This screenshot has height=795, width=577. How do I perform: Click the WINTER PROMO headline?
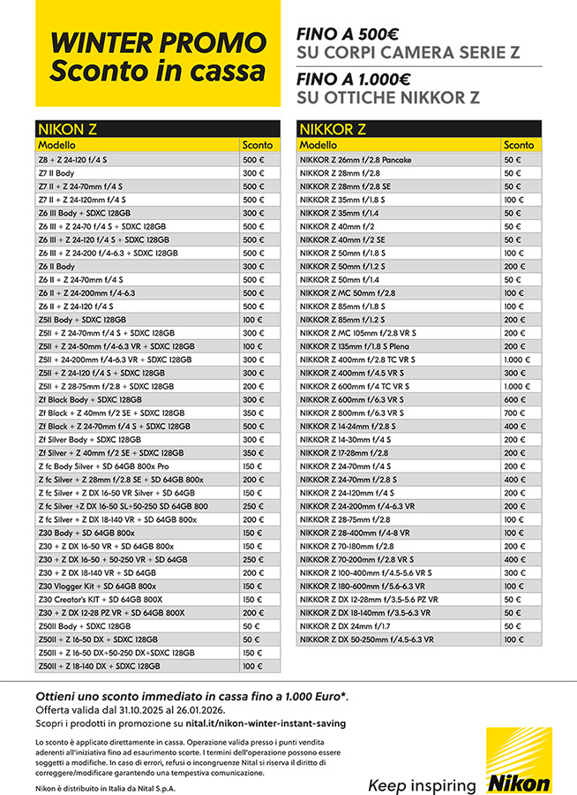157,42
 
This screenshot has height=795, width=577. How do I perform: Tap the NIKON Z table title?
66,129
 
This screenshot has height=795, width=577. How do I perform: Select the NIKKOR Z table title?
332,129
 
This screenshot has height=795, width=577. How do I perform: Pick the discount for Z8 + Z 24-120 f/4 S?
254,160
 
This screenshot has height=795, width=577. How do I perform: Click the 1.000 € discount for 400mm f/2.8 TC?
517,360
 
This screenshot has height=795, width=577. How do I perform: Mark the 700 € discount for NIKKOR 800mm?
513,413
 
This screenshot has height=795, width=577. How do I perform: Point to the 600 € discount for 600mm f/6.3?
513,399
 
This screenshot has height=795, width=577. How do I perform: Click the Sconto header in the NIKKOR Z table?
519,145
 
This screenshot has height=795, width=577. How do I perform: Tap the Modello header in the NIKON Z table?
57,145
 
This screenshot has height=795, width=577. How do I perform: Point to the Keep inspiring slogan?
422,784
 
